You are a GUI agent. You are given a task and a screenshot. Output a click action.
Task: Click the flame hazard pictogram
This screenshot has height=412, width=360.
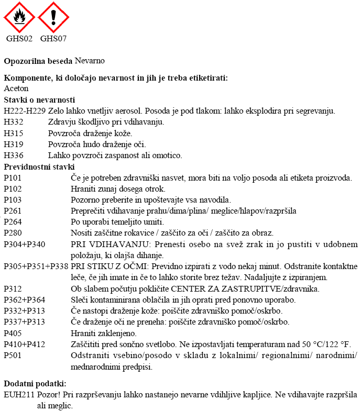point(19,17)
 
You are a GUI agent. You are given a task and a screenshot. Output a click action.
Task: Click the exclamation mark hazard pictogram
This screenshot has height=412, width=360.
point(53,17)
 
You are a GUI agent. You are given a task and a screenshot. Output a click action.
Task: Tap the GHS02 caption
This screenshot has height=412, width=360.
point(19,38)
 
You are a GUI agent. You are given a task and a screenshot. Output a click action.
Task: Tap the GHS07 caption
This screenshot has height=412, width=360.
point(53,38)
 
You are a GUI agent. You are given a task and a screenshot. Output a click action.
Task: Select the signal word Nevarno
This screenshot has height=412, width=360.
point(90,61)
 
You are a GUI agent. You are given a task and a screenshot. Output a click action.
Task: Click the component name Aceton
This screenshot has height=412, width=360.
point(16,88)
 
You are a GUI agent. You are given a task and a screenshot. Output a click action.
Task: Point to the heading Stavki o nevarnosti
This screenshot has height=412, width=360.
point(39,99)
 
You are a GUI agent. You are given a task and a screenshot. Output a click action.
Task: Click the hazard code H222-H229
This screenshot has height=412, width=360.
point(25,111)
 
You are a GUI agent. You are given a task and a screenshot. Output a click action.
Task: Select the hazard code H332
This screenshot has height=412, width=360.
point(14,122)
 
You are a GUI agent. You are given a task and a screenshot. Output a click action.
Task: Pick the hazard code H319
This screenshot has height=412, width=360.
point(14,144)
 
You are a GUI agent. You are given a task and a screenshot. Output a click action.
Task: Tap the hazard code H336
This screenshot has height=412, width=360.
point(14,155)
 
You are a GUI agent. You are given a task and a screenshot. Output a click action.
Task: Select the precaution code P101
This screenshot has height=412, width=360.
point(13,178)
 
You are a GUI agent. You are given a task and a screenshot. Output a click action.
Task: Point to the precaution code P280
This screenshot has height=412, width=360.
point(13,233)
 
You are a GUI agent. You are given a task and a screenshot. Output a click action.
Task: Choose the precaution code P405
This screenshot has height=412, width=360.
point(13,332)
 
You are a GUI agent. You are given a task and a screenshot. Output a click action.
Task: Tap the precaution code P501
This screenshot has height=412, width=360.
point(13,355)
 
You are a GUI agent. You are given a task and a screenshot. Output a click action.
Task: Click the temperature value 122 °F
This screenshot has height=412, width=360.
point(338,344)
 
